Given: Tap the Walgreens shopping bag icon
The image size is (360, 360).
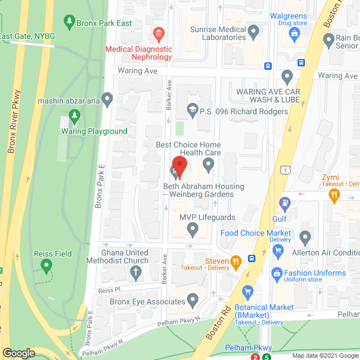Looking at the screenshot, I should pyautogui.click(x=294, y=34).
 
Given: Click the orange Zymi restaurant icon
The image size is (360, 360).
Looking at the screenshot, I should pyautogui.click(x=335, y=195).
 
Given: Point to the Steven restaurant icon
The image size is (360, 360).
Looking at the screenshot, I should pyautogui.click(x=236, y=261).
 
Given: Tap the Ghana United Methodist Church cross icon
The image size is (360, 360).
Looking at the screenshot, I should pyautogui.click(x=135, y=274).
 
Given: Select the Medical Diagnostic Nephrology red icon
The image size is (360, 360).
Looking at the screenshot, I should pyautogui.click(x=159, y=34).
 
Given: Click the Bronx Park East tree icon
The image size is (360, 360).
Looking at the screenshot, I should pyautogui.click(x=69, y=22).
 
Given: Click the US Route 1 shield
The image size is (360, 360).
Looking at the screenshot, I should pyautogui.click(x=286, y=168).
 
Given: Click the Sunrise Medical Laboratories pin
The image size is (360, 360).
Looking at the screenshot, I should pyautogui.click(x=253, y=29).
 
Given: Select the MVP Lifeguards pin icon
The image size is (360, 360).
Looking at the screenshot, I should pyautogui.click(x=192, y=228).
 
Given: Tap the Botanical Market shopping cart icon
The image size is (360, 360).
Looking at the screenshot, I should pyautogui.click(x=247, y=291).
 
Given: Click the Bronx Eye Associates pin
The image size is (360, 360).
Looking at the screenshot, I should pyautogui.click(x=193, y=301).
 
